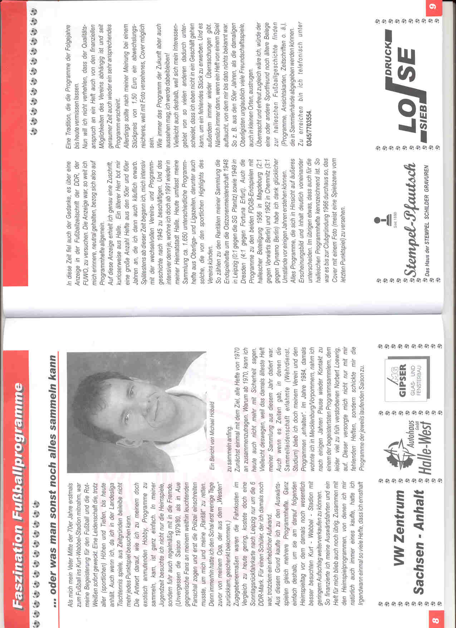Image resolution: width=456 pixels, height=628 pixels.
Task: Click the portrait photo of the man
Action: [x=136, y=412]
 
